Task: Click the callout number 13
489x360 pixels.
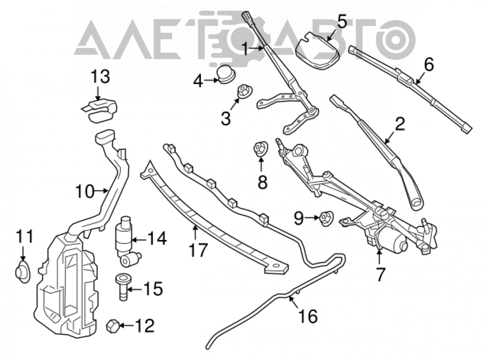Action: coord(100,77)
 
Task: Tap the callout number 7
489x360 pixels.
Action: coord(379,273)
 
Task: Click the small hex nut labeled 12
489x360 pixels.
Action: coord(112,326)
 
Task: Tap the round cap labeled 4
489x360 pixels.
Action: coord(226,74)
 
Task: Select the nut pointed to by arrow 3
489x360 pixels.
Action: coord(244,91)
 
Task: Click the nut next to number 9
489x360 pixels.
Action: coord(326,218)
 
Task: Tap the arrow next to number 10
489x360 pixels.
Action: coord(102,190)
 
